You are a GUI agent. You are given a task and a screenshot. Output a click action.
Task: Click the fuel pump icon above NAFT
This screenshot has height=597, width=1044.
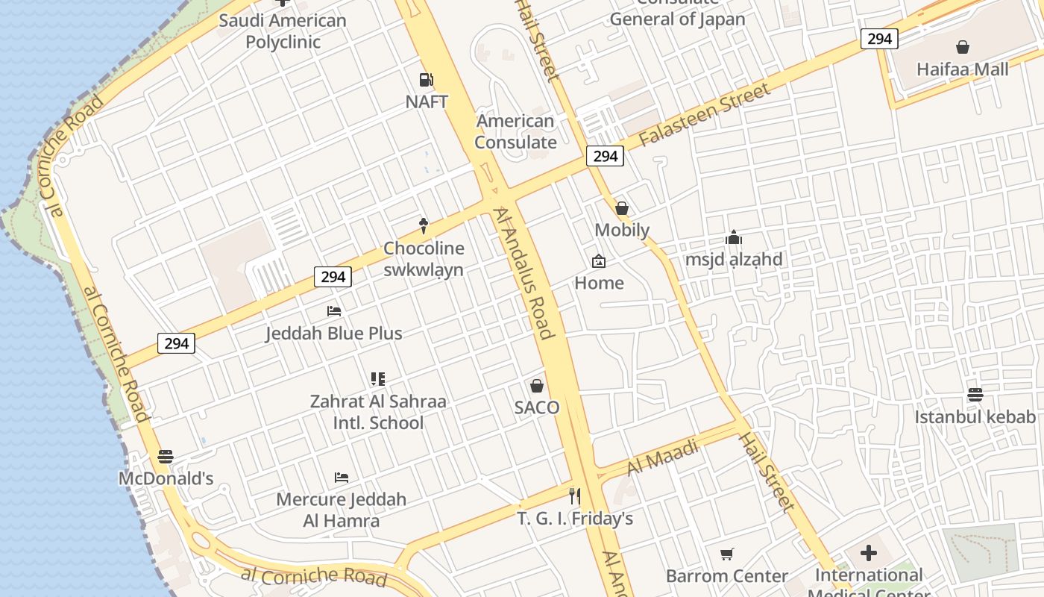coord(426,79)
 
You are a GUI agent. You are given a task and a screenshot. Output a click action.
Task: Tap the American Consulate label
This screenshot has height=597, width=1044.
coord(515,131)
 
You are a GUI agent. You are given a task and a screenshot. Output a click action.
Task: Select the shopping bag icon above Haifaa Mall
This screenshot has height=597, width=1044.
coord(963,47)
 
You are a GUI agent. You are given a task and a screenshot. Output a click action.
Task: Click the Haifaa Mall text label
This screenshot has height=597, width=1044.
coord(962,69)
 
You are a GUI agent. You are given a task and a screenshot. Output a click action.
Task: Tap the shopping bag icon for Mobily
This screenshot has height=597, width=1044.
coord(622,208)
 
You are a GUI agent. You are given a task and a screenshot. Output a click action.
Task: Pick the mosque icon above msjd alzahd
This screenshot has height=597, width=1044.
coord(734,238)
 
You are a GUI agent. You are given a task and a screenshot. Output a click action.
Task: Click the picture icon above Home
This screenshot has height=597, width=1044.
coord(598,261)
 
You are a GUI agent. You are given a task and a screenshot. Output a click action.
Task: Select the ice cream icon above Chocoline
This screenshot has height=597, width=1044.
coord(424,225)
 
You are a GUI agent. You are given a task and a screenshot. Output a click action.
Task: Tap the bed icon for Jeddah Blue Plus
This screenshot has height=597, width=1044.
coord(334,310)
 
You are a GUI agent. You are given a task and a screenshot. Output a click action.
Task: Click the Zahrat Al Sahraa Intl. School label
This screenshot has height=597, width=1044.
coord(378,412)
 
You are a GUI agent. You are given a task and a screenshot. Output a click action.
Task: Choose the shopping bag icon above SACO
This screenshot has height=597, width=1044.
coord(537,386)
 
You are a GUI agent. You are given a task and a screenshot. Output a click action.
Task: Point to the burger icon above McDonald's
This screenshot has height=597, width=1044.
coord(166,456)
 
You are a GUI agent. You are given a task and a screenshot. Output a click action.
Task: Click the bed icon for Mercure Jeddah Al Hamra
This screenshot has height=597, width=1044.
coord(342,477)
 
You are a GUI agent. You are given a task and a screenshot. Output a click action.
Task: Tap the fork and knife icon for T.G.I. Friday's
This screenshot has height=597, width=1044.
coord(575,496)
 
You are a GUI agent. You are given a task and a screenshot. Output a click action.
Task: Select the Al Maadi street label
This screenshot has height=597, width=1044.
coord(663,457)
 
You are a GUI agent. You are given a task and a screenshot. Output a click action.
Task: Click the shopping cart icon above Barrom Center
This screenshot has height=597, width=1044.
coord(727,554)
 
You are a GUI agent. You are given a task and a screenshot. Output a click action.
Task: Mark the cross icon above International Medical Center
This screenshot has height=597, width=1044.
coord(869,553)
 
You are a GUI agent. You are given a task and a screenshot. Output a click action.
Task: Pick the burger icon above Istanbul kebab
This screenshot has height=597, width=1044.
coord(975,394)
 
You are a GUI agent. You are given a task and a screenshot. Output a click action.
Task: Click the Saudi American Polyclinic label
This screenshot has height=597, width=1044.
coord(283,31)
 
